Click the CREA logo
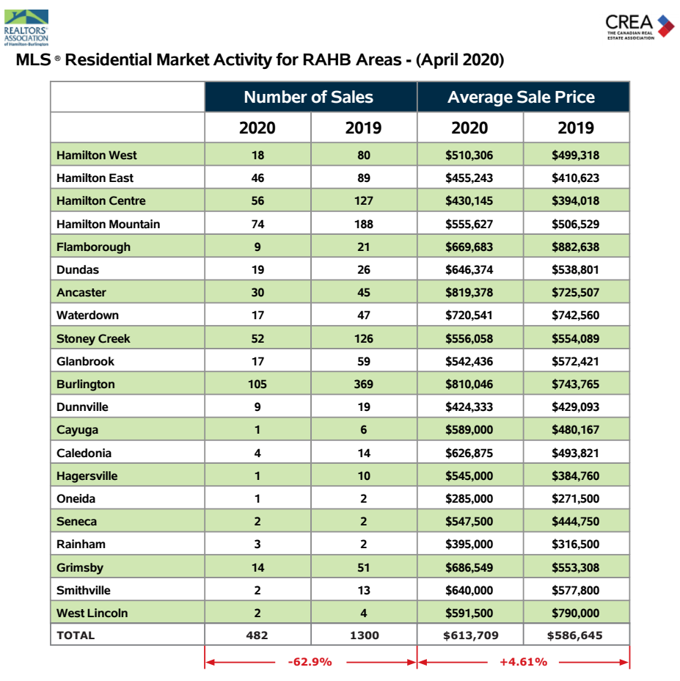(x=640, y=26)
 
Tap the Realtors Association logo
(x=26, y=27)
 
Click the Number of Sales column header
(x=308, y=97)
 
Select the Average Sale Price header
(x=521, y=97)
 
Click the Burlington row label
(x=86, y=385)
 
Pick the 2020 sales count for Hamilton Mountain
(x=257, y=224)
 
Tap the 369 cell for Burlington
(x=363, y=385)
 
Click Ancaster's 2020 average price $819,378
(x=469, y=292)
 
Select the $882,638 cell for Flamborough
(x=575, y=247)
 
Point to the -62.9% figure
(x=310, y=662)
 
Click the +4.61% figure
(x=523, y=662)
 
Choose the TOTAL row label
(x=76, y=636)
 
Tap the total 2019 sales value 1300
(x=365, y=636)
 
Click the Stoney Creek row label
(x=93, y=338)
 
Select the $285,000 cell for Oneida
(x=469, y=498)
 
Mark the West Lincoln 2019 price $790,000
(x=575, y=613)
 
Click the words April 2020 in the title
(x=460, y=60)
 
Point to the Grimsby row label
(x=80, y=568)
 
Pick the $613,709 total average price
(x=471, y=636)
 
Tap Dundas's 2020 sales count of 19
(x=257, y=270)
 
